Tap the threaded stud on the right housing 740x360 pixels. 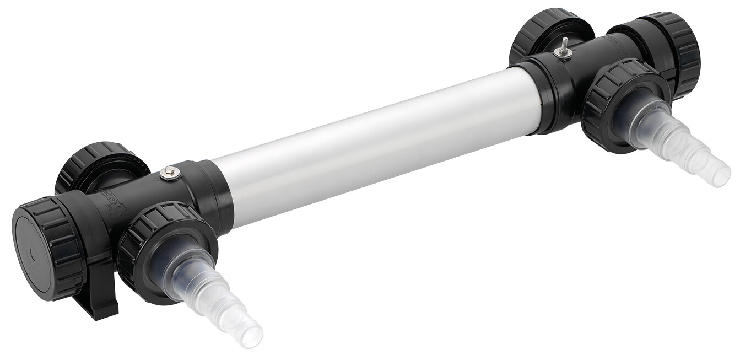[x=563, y=44]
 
